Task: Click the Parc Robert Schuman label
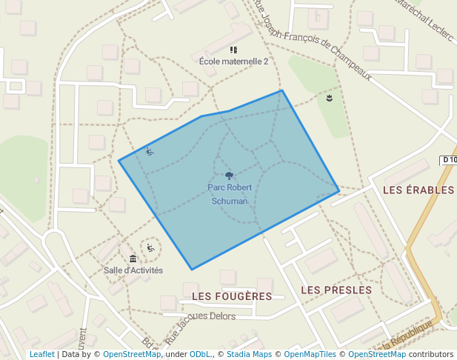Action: point(228,194)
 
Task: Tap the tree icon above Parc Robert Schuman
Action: point(229,176)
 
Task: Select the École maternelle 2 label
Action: point(233,61)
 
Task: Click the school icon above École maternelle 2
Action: point(234,50)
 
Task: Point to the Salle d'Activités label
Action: point(133,270)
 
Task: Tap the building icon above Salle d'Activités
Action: point(133,259)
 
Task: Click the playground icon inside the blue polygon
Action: point(150,151)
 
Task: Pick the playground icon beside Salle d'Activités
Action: point(151,247)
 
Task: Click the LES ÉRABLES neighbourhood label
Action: point(418,190)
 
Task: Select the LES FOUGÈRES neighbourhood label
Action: point(231,296)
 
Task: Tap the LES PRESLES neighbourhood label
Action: point(337,290)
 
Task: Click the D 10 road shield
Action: point(448,160)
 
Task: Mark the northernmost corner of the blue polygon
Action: point(281,90)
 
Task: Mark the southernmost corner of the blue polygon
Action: point(192,270)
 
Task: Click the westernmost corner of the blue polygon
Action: point(119,160)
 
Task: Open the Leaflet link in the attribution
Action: point(41,354)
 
